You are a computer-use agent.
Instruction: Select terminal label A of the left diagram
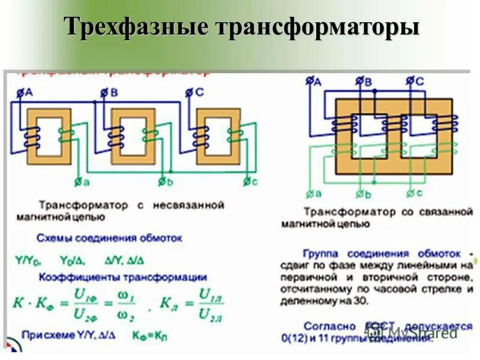(x=23, y=91)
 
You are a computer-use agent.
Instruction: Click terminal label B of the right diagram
(x=365, y=80)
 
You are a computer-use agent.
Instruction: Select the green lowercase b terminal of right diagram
(x=362, y=193)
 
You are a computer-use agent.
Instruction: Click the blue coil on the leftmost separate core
(x=29, y=140)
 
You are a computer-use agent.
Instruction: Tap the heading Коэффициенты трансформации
(x=123, y=277)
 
